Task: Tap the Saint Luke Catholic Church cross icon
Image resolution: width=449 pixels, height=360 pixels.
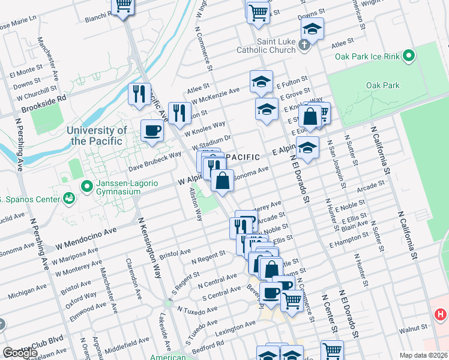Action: click(x=304, y=44)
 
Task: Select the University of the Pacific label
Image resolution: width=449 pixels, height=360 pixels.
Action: click(x=97, y=136)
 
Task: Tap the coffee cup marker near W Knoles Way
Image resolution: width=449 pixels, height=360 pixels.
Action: click(x=152, y=130)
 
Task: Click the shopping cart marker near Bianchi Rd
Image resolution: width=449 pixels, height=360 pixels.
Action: click(x=123, y=7)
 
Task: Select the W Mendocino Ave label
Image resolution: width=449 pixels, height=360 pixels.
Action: click(x=86, y=236)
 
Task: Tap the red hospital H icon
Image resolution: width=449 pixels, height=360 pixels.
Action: click(x=441, y=314)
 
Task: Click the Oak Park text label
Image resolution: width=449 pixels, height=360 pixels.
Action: click(x=383, y=85)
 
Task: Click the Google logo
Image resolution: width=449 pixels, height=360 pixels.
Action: click(x=20, y=353)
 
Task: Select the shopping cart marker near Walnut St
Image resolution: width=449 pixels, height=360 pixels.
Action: click(x=332, y=350)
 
